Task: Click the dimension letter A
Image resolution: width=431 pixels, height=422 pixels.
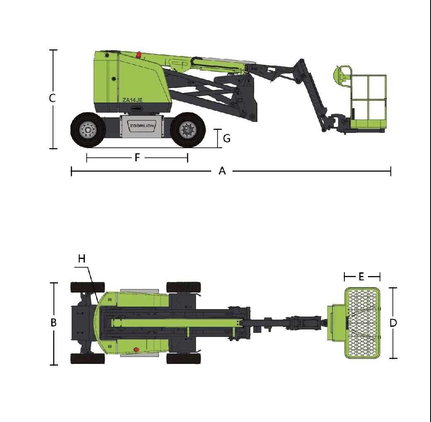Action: tap(222, 171)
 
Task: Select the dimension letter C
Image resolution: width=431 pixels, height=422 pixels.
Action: tap(52, 98)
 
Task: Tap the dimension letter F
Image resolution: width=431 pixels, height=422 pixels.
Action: tap(138, 158)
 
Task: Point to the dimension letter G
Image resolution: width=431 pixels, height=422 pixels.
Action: tap(227, 138)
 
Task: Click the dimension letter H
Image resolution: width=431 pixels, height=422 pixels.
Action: tap(82, 259)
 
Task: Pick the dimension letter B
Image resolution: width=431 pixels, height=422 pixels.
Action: tap(53, 322)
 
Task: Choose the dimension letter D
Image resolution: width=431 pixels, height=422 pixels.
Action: tap(393, 323)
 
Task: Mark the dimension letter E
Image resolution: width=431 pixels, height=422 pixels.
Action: tap(361, 276)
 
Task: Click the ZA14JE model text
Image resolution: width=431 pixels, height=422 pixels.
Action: tap(133, 100)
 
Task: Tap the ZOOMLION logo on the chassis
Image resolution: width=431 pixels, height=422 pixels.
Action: tap(142, 126)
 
